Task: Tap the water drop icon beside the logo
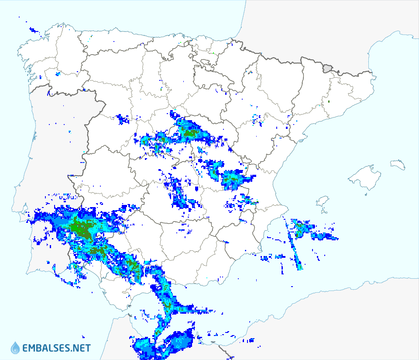(15, 348)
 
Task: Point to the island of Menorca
(398, 164)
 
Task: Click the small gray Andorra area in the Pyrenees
(327, 68)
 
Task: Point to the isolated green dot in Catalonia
(329, 102)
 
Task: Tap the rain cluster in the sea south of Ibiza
(306, 229)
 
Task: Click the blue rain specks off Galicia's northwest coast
(33, 30)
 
